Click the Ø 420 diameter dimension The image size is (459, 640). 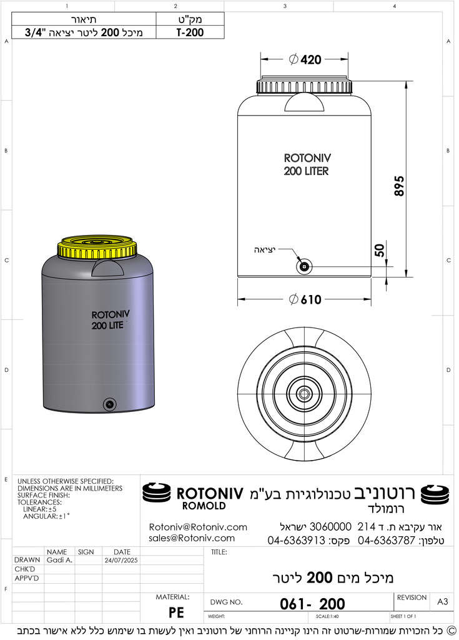[x=305, y=60]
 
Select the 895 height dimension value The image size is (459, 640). [x=400, y=186]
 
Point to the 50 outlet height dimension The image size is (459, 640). [x=380, y=251]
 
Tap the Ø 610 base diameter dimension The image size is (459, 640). [x=305, y=299]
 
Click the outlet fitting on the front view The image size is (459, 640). [x=304, y=266]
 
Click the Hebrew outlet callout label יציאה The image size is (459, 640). [x=265, y=249]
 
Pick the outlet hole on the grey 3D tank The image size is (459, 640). [x=110, y=404]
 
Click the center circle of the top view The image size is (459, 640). [x=305, y=394]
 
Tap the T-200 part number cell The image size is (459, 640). [x=190, y=32]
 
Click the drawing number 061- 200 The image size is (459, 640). [x=312, y=604]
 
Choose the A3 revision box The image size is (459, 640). [x=442, y=601]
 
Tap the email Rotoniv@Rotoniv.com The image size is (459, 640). [x=198, y=527]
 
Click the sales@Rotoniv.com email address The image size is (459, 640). [x=192, y=538]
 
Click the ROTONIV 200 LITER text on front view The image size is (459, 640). [x=306, y=165]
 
